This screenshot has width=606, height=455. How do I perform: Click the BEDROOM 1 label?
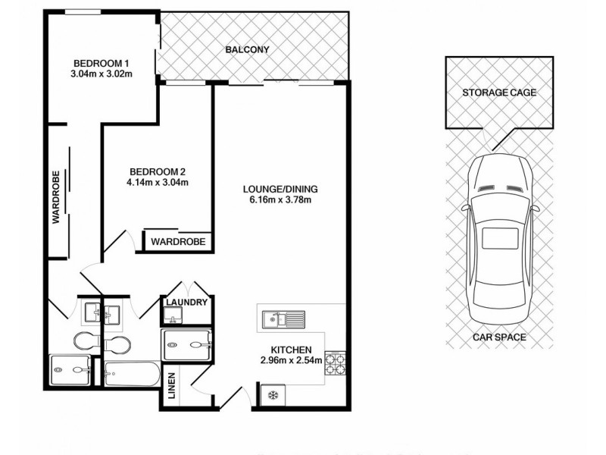102,62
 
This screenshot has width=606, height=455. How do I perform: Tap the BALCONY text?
247,51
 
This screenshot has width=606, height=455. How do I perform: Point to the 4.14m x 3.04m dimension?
158,182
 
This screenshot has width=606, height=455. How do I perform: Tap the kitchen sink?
282,320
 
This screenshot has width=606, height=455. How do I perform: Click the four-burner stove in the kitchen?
335,363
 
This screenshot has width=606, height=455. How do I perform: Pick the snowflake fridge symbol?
271,395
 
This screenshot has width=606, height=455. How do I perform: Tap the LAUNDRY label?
186,303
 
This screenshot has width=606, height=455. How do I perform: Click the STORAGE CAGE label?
499,93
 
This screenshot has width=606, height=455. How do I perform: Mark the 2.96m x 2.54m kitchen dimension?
292,360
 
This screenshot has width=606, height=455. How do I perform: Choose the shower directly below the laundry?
189,345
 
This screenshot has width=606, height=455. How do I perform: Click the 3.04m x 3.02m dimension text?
102,74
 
